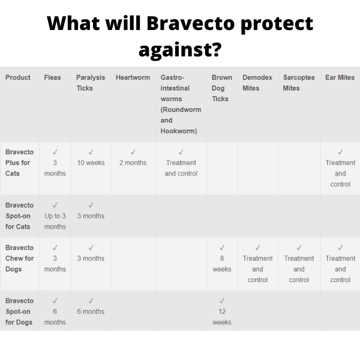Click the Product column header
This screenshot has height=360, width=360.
18,77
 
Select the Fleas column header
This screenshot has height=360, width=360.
52,77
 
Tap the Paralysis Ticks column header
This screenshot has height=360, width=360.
91,83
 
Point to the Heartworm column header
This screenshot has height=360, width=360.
133,77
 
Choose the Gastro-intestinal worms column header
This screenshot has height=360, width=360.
181,104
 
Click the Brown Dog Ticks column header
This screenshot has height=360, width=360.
221,88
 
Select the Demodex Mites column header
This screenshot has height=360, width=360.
257,83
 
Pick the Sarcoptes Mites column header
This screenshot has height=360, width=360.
299,83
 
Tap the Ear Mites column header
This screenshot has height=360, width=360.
340,77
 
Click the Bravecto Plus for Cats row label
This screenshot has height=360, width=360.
19,163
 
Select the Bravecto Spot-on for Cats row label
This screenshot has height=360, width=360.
19,216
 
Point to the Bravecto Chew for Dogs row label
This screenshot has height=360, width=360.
19,259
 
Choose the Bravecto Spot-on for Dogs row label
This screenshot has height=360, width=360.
19,311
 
